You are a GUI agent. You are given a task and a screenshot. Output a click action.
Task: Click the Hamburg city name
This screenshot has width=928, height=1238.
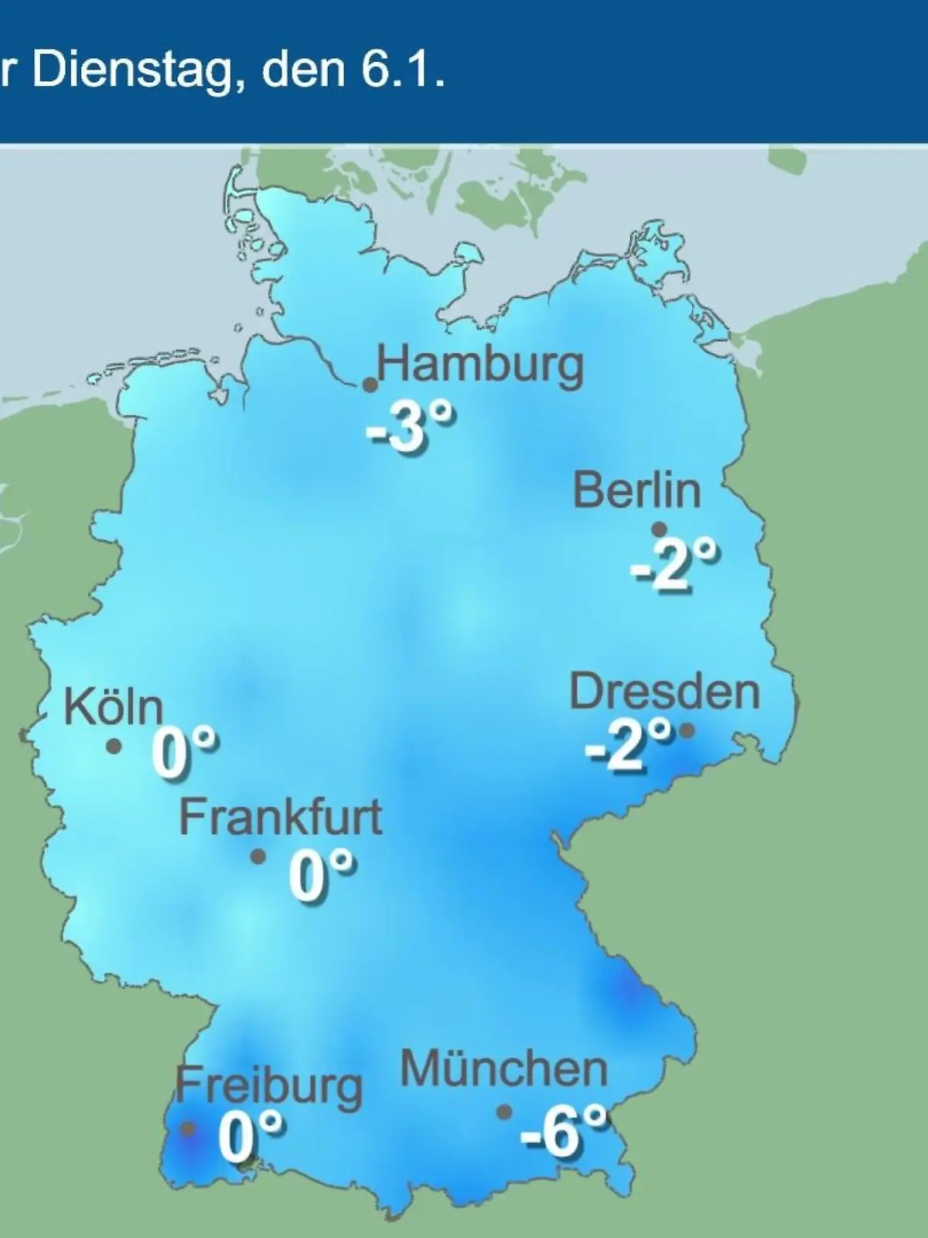(x=480, y=365)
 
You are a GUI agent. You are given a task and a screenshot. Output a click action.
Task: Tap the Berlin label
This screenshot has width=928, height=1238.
(x=636, y=491)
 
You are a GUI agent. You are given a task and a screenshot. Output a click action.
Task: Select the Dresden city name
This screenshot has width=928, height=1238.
(x=664, y=691)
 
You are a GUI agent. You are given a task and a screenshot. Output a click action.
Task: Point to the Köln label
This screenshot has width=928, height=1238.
(x=114, y=706)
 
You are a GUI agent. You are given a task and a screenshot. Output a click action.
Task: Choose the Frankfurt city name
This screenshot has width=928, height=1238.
(x=281, y=816)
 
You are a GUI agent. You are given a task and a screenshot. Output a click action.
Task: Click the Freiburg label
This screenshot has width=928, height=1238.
(x=268, y=1086)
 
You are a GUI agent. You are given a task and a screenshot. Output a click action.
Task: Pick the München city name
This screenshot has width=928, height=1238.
(x=504, y=1069)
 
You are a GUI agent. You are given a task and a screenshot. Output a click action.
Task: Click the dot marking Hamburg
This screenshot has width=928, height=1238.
(x=370, y=385)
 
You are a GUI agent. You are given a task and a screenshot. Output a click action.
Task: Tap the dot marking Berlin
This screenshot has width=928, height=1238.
(x=659, y=529)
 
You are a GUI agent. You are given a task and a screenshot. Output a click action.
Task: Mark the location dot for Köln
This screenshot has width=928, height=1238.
(x=114, y=747)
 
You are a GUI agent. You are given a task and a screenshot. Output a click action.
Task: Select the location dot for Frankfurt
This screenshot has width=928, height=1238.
(x=258, y=857)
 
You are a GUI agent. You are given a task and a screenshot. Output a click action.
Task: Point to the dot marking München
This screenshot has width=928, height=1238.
(x=504, y=1112)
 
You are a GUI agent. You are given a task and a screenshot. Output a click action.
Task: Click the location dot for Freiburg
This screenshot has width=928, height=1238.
(x=187, y=1129)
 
